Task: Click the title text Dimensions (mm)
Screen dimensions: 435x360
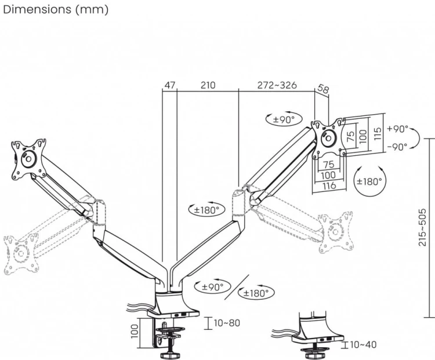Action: [56, 10]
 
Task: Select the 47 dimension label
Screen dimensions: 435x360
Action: [170, 85]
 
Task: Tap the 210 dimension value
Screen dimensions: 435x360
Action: [208, 85]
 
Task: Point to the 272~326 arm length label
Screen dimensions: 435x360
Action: [277, 85]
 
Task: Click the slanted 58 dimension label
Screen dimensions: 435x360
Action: [322, 89]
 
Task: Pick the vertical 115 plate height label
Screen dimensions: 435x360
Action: [378, 134]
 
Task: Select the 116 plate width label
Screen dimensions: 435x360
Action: [329, 186]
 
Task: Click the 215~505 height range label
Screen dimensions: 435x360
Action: [422, 227]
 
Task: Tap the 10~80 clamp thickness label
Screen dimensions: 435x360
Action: [227, 323]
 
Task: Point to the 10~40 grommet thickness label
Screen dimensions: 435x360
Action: [363, 345]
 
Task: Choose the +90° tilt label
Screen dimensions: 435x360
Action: [397, 129]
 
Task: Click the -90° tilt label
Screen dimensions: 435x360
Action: [397, 147]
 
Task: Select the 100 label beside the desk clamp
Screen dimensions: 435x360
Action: [135, 332]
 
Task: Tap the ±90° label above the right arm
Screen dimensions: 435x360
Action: [283, 120]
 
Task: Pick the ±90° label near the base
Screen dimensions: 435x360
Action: [212, 287]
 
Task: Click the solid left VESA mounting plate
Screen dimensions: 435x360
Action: [28, 159]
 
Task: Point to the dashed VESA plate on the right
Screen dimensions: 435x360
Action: [336, 232]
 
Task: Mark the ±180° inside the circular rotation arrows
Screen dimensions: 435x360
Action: [369, 181]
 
